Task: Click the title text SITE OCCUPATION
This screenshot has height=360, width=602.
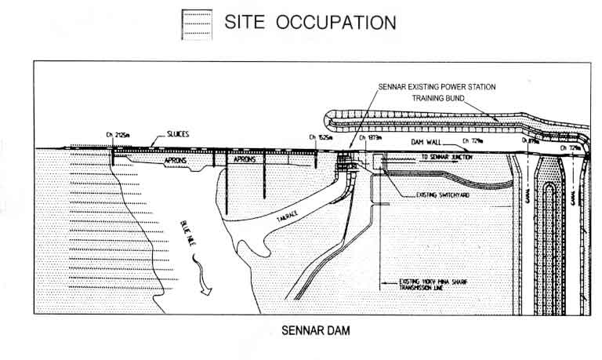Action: coord(310,23)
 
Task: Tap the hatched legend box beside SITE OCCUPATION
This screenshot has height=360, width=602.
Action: coord(196,24)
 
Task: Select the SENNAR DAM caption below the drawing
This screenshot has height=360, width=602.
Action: coord(315,330)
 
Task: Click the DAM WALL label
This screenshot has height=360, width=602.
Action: coord(427,143)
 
